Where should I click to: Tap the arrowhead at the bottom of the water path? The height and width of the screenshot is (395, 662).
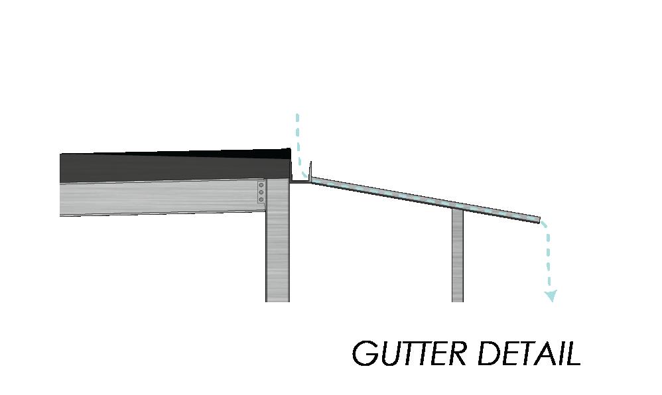coord(551,296)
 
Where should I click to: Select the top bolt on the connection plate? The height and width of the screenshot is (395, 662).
coord(261,186)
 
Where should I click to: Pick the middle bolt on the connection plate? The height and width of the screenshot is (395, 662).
coord(261,193)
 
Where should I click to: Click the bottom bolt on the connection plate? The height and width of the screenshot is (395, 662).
coord(261,200)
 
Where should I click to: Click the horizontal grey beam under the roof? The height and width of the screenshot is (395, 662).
coord(159,197)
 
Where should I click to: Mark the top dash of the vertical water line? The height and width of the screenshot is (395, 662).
coord(298,117)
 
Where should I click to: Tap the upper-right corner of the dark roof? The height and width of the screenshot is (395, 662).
coord(290,150)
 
